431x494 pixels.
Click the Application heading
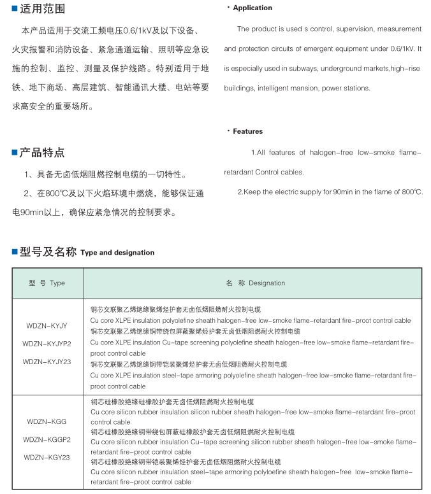(252, 8)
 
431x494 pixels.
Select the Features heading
(247, 131)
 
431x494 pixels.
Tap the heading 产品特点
(42, 152)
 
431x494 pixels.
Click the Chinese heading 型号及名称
(48, 252)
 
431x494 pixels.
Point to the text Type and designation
(117, 253)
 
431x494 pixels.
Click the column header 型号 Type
(47, 283)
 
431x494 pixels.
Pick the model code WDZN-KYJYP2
(47, 344)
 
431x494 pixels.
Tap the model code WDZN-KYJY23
(47, 362)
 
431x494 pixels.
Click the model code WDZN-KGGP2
(47, 439)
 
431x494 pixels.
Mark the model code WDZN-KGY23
(47, 457)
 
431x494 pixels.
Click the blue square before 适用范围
(14, 10)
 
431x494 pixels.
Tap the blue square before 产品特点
(14, 152)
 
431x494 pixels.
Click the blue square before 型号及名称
(14, 252)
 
